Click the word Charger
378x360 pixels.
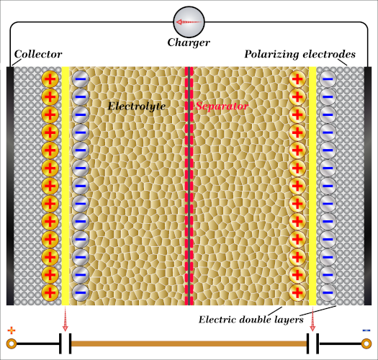(189, 43)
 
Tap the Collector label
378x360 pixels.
(38, 55)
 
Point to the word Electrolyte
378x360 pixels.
(137, 107)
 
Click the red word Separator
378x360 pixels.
(221, 107)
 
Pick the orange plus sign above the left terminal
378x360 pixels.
(11, 330)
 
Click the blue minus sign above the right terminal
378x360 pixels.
(366, 330)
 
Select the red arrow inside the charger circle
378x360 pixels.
(188, 22)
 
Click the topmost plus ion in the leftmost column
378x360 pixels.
(50, 79)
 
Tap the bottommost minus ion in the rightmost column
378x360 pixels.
(328, 292)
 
